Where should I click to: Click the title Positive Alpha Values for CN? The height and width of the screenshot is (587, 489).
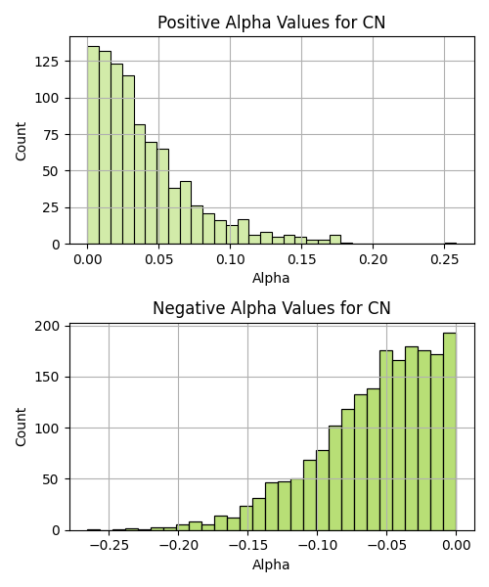pyautogui.click(x=271, y=23)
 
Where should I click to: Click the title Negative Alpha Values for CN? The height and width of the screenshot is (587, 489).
pyautogui.click(x=272, y=308)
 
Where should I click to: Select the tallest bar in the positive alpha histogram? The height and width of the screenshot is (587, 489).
pyautogui.click(x=93, y=145)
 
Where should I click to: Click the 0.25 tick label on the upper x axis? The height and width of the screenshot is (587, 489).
pyautogui.click(x=444, y=259)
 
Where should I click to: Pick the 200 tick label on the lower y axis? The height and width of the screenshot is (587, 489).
pyautogui.click(x=47, y=327)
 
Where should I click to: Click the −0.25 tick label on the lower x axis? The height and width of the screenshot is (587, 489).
pyautogui.click(x=109, y=545)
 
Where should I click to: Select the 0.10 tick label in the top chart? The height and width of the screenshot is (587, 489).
pyautogui.click(x=230, y=259)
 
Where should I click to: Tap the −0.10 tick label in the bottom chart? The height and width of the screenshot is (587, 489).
pyautogui.click(x=317, y=545)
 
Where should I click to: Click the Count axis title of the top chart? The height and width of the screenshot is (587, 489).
pyautogui.click(x=21, y=141)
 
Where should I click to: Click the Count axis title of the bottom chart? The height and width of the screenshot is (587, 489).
pyautogui.click(x=21, y=427)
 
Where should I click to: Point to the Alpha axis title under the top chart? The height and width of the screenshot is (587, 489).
pyautogui.click(x=271, y=278)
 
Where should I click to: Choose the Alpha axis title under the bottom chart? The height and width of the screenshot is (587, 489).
pyautogui.click(x=271, y=564)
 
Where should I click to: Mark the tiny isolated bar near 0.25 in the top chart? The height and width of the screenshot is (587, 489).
pyautogui.click(x=451, y=244)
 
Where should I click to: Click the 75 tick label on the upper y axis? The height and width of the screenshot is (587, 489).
pyautogui.click(x=52, y=134)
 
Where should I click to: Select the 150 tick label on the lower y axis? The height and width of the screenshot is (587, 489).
pyautogui.click(x=47, y=378)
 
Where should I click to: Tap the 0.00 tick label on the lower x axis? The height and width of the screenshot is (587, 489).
pyautogui.click(x=456, y=545)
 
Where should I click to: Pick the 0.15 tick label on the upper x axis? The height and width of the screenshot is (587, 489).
pyautogui.click(x=301, y=259)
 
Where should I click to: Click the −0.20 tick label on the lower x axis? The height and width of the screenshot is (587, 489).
pyautogui.click(x=178, y=545)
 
